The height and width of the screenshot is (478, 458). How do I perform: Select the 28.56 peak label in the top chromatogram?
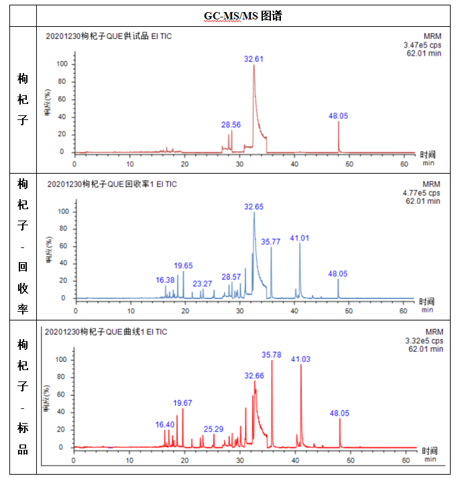click(231, 125)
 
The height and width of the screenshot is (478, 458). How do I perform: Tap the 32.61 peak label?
click(253, 59)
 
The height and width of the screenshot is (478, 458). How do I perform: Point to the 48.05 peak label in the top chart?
click(338, 116)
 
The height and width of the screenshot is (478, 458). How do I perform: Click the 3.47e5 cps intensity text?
click(419, 46)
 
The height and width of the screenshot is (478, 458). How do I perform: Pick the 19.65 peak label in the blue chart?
click(183, 265)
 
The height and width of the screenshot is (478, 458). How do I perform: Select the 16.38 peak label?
click(165, 280)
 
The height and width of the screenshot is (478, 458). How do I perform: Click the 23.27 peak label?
click(202, 284)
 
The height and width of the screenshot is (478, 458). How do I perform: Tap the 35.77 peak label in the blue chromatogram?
click(271, 241)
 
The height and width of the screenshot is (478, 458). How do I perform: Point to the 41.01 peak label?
click(300, 238)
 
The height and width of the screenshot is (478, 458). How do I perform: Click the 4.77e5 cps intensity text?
click(419, 193)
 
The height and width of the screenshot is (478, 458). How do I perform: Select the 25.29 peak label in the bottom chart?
click(214, 428)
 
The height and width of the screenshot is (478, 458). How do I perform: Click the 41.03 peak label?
click(300, 359)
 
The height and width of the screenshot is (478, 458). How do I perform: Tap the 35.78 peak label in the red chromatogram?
click(272, 354)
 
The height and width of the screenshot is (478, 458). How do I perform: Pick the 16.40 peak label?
click(165, 424)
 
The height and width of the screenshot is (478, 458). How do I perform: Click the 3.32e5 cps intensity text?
click(419, 341)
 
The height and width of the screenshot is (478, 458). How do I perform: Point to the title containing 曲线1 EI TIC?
click(107, 331)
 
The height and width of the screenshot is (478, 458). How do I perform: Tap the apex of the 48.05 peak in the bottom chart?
click(340, 419)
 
